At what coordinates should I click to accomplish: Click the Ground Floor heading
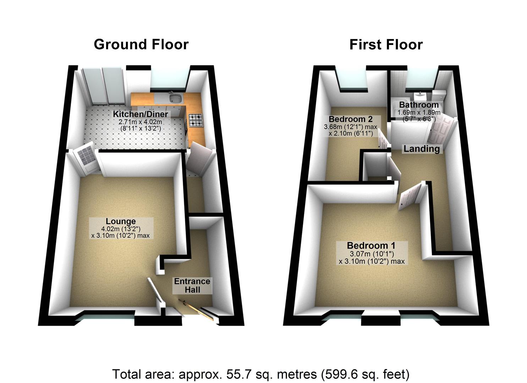pos(141,45)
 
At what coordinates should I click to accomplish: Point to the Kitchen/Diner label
pos(140,114)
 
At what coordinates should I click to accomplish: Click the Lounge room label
pos(121,222)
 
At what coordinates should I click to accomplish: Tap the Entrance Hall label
pos(192,285)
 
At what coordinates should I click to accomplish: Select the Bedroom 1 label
pos(372,245)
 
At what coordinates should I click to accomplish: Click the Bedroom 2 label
pos(351,119)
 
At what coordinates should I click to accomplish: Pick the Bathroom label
pos(419,105)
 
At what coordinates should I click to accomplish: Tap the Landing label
pos(422,149)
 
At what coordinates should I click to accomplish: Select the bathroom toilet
pos(439,95)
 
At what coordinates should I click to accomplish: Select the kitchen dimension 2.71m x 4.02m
pos(140,122)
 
